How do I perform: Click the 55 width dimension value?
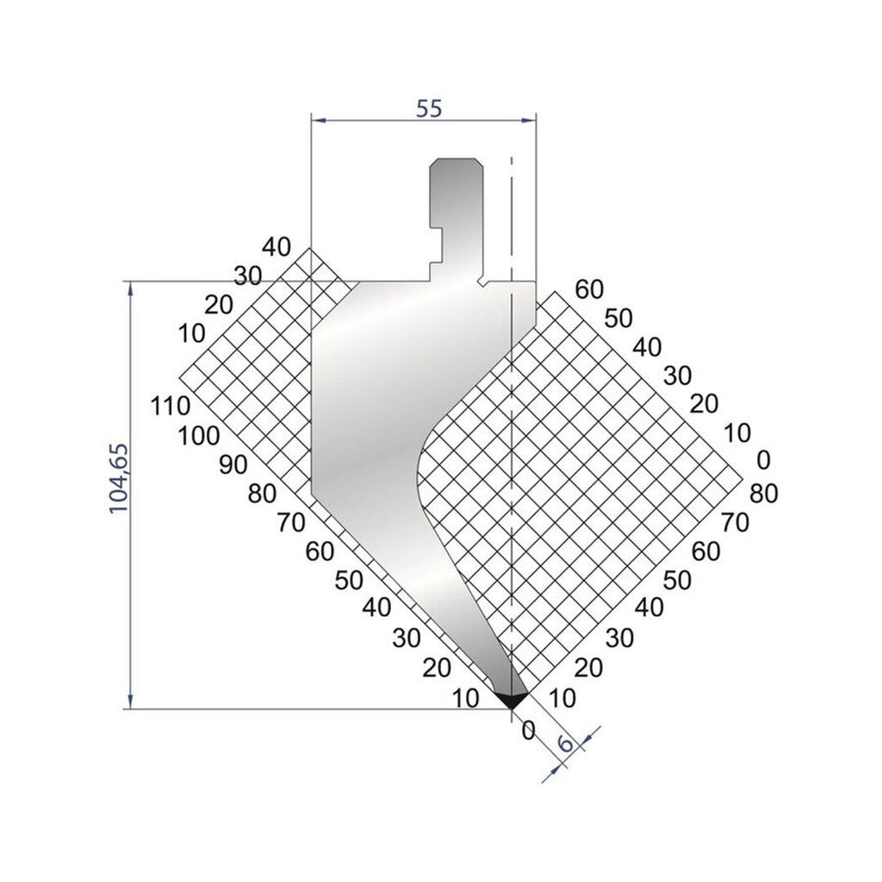pos(429,109)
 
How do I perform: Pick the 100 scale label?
pos(200,436)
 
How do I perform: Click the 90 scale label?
pos(233,464)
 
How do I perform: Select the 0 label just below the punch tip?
pos(529,730)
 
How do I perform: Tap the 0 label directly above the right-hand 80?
pos(761,461)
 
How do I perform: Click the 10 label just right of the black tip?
pos(562,699)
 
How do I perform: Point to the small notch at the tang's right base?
pos(481,280)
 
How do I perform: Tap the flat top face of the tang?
pos(456,158)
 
